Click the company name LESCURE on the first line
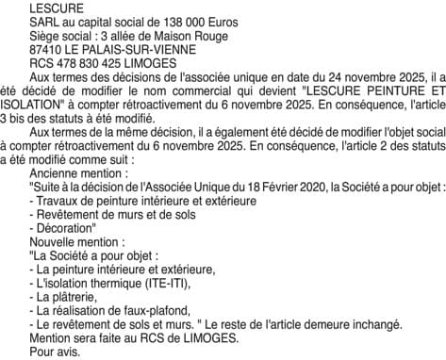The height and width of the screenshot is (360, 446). (x=56, y=8)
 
